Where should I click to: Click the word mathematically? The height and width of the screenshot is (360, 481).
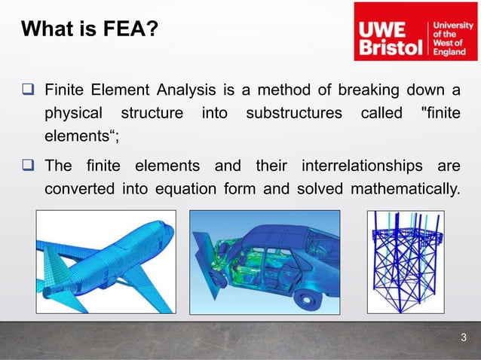pos(403,188)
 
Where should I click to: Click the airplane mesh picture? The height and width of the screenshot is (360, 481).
pos(106,261)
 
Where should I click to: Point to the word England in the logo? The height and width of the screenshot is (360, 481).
pos(449,53)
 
